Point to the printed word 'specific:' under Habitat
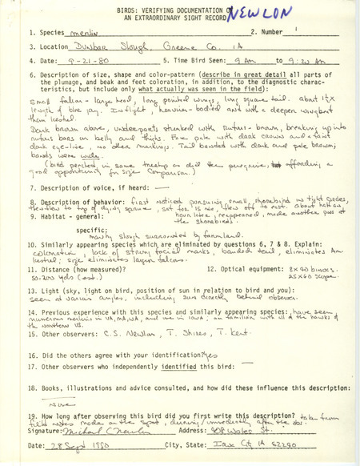[x=77, y=248]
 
